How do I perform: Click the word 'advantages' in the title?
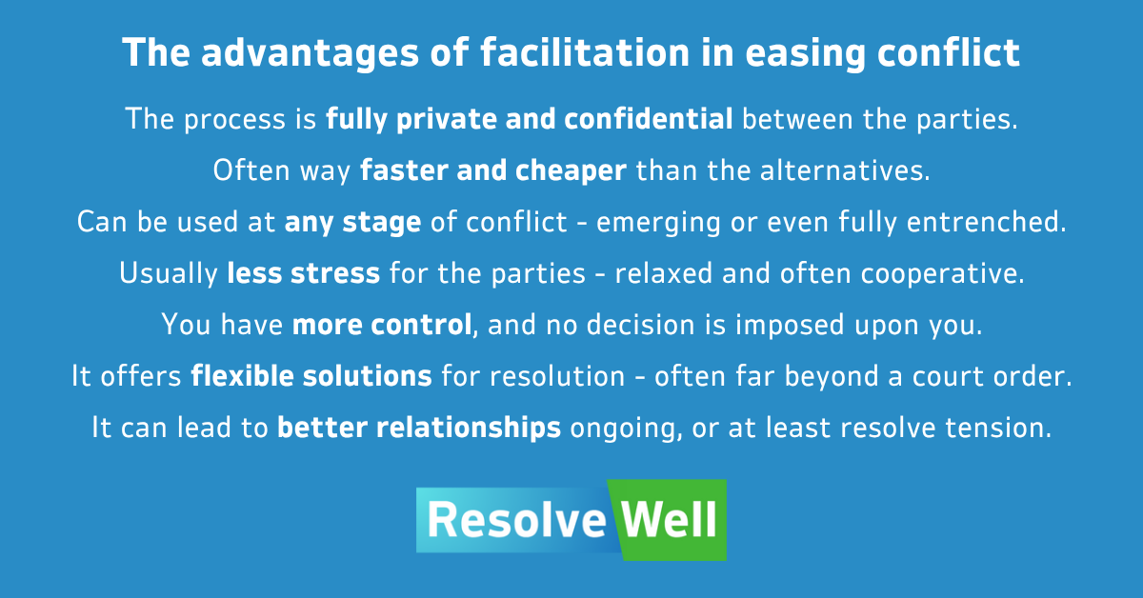tap(310, 53)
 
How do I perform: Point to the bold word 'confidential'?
tap(649, 119)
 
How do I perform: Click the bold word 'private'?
tap(446, 120)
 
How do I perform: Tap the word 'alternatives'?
tap(845, 169)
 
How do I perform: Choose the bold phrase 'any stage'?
tap(352, 223)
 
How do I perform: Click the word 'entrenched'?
tap(986, 222)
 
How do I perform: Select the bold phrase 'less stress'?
tap(304, 273)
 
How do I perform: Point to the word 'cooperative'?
tap(942, 274)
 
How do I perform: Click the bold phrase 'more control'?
tap(382, 325)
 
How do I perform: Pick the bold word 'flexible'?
tap(242, 375)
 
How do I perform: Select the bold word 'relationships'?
tap(470, 428)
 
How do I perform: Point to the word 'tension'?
tap(998, 428)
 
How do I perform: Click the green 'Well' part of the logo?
tap(669, 519)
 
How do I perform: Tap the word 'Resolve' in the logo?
tap(516, 520)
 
